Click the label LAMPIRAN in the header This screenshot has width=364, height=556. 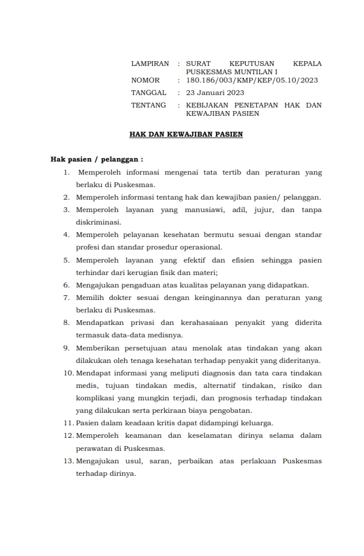point(150,64)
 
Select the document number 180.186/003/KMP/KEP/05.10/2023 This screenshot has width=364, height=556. point(252,80)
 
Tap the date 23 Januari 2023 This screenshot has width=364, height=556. point(215,93)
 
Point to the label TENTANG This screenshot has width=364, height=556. point(148,105)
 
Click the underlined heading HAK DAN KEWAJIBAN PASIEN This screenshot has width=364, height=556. point(186,135)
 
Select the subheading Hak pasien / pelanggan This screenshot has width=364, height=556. point(96,159)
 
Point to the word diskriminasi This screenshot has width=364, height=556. point(98,222)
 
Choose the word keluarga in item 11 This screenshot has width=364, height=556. point(256,423)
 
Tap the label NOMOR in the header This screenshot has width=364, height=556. point(146,80)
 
